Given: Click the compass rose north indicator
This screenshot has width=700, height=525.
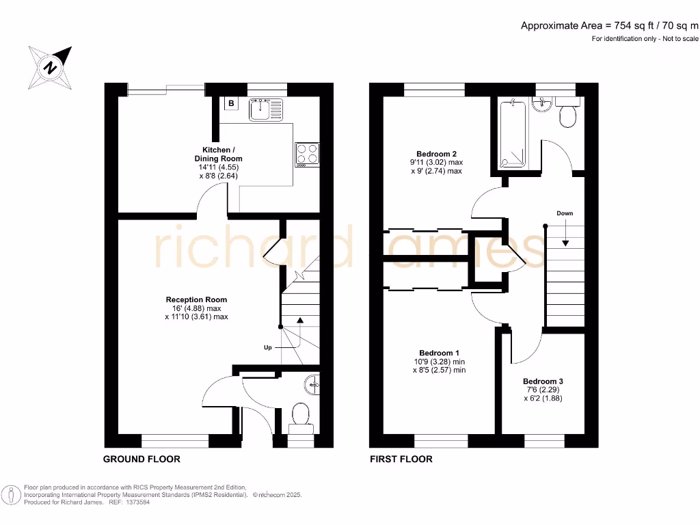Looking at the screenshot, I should (x=51, y=67).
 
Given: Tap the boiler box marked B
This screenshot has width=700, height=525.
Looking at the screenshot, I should (x=231, y=104).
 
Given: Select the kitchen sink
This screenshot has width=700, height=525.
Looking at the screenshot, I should (x=265, y=109).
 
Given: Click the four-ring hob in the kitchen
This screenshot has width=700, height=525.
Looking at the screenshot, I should (x=307, y=154).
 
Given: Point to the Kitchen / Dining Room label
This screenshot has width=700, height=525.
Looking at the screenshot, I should (x=218, y=154).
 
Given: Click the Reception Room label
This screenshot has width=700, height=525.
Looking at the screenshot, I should (x=196, y=299).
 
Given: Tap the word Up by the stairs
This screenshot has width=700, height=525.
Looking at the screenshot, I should (x=268, y=347).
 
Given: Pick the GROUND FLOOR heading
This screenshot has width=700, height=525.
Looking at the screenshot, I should (x=142, y=459).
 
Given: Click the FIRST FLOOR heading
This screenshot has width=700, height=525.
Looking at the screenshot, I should (x=401, y=459).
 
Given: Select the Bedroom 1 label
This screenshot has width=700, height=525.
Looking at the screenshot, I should (x=439, y=352).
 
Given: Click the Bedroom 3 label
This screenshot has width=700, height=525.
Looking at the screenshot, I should (x=543, y=381).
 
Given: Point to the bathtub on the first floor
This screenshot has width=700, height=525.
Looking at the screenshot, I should (x=511, y=134).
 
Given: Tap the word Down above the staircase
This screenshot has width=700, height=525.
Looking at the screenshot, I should (x=564, y=213).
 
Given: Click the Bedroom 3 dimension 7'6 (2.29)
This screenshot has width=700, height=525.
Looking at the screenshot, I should (x=543, y=390).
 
